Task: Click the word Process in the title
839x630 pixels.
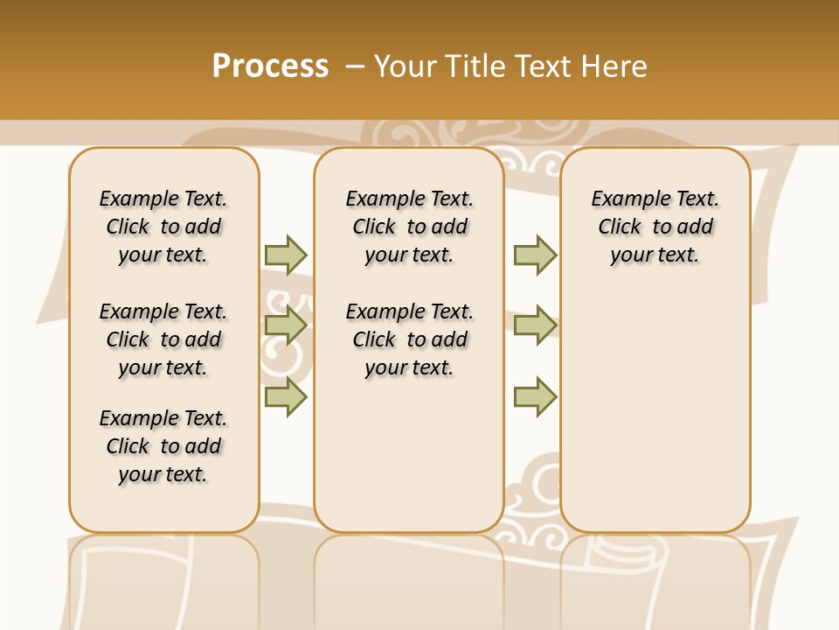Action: (x=270, y=66)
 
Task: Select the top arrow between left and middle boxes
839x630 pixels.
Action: (x=286, y=255)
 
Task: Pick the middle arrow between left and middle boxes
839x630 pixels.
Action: (x=286, y=325)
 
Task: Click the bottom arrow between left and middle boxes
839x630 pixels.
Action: (x=286, y=396)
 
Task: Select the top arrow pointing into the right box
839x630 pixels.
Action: (x=535, y=255)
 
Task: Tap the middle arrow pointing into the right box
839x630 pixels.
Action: (x=535, y=325)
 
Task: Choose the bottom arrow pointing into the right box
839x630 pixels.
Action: (x=535, y=396)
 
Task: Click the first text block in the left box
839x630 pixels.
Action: (x=163, y=227)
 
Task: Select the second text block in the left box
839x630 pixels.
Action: (x=163, y=339)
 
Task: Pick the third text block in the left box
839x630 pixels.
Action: (x=163, y=446)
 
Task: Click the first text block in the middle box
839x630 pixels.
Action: (x=409, y=227)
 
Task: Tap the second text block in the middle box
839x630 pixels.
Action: (x=409, y=339)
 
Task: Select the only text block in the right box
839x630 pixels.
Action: (x=655, y=227)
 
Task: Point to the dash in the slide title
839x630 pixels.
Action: (x=355, y=66)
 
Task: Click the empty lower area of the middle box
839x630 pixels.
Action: (x=409, y=455)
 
